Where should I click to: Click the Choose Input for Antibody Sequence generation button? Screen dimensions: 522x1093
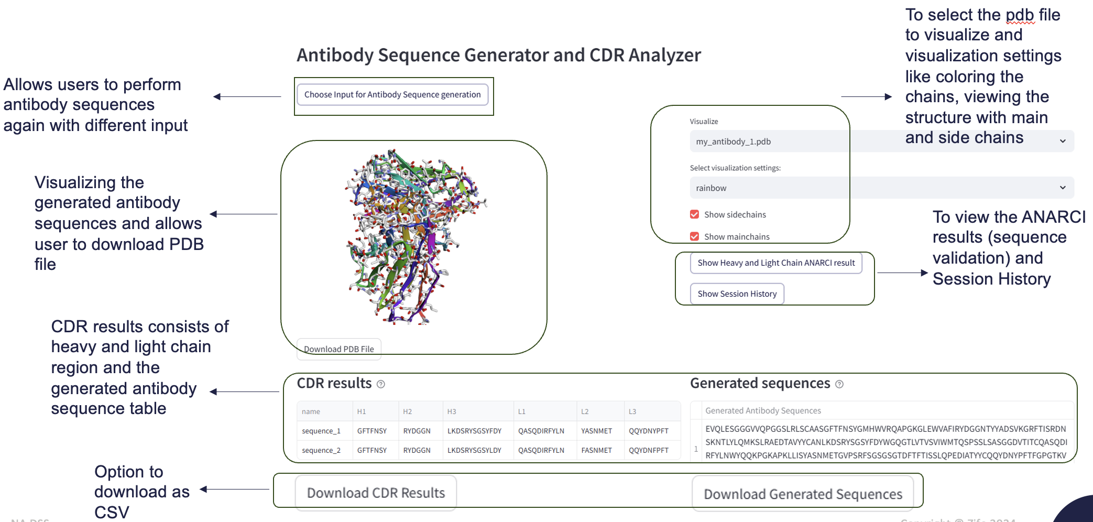click(x=392, y=95)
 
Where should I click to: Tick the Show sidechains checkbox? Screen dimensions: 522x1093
click(x=695, y=214)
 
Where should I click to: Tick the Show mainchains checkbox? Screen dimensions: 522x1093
click(x=695, y=236)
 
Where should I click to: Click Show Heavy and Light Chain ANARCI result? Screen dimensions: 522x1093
click(x=775, y=263)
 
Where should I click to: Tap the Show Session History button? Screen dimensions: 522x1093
click(x=737, y=293)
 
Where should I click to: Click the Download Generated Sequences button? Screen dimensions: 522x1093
click(x=802, y=494)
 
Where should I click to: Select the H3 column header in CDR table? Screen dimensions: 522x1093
click(x=452, y=411)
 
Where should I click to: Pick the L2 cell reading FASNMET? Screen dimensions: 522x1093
click(x=596, y=450)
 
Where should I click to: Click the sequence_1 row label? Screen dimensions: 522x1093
click(x=321, y=431)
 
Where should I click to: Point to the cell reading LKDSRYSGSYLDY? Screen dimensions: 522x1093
click(x=474, y=450)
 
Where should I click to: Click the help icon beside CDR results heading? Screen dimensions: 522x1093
click(x=381, y=384)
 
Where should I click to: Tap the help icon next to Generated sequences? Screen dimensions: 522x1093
click(x=839, y=384)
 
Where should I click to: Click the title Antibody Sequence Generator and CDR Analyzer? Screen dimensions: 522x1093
click(x=498, y=55)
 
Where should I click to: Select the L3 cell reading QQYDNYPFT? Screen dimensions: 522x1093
click(x=649, y=431)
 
